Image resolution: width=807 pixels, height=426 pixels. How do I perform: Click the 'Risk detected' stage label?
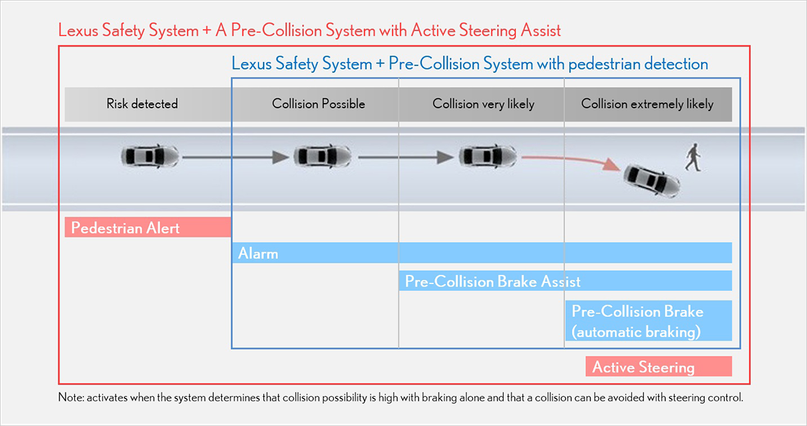click(142, 104)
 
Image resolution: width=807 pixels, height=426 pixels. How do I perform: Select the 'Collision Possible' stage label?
click(319, 104)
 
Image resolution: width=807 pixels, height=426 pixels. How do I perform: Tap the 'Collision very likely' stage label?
click(483, 104)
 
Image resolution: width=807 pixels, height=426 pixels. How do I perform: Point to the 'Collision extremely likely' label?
click(647, 104)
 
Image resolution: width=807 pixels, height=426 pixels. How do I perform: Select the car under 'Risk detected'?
click(150, 156)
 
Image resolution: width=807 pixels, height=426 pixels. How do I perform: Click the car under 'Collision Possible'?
click(323, 156)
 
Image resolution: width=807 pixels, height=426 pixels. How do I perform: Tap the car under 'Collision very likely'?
click(488, 156)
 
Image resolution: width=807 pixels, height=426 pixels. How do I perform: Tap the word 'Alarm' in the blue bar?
click(258, 253)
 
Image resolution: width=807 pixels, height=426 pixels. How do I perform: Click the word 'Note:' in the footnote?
click(70, 397)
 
